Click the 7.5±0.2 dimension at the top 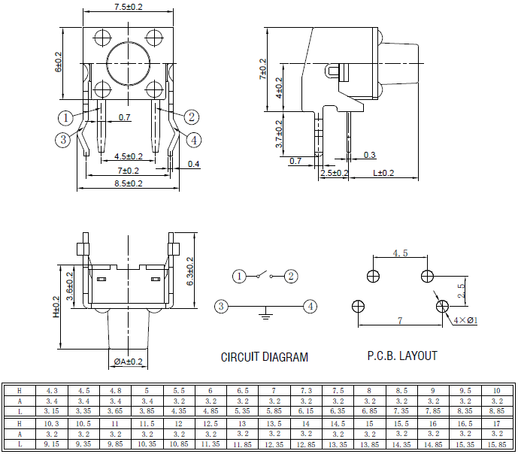coord(129,7)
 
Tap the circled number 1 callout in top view coord(65,117)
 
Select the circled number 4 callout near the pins coord(193,140)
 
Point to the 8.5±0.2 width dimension coord(129,183)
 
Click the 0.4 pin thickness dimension coord(193,164)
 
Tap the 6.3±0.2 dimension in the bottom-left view coord(190,271)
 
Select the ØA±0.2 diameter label coord(129,362)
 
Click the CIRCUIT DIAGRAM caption coord(264,357)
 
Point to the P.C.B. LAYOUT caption coord(401,356)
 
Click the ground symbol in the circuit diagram coord(265,313)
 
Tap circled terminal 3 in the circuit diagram coord(220,306)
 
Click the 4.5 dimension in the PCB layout coord(400,253)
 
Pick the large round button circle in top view coord(129,65)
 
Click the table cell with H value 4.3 coord(52,391)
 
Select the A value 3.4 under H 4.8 coord(115,401)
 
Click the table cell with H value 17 coord(496,424)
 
